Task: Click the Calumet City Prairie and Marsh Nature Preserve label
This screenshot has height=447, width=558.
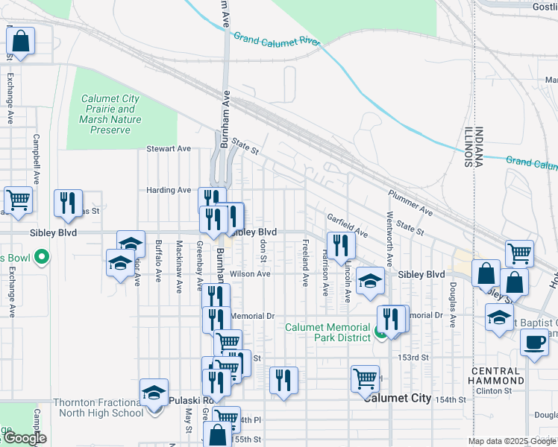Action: pos(110,114)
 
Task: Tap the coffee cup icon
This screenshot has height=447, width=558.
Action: pos(534,343)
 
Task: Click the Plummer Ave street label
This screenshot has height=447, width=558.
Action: pos(410,202)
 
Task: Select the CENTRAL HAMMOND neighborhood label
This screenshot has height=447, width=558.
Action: pos(495,375)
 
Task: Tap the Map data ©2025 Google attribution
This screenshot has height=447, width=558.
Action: pos(512,441)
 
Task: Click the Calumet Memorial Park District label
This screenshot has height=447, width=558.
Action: pos(328,332)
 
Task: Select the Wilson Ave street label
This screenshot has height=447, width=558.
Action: pos(250,274)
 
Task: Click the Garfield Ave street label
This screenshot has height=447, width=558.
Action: pos(347,222)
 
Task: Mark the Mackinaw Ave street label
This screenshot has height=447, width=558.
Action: pos(179,267)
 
